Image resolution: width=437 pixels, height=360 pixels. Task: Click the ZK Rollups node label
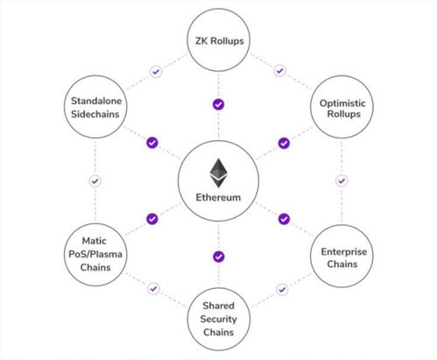click(220, 41)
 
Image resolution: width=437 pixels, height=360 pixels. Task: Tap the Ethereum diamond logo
click(218, 173)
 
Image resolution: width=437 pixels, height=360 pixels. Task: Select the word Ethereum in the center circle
click(218, 197)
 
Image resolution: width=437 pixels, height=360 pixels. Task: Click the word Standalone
click(96, 101)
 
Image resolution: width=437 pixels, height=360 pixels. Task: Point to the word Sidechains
click(95, 114)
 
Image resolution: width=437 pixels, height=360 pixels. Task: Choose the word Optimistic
click(342, 103)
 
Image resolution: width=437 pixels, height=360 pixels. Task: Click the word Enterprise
click(344, 251)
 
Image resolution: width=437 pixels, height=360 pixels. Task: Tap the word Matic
click(94, 241)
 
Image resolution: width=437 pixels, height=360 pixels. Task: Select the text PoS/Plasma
click(95, 254)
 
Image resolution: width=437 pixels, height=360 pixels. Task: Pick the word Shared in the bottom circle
click(218, 306)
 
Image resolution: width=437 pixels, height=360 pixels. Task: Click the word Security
click(218, 319)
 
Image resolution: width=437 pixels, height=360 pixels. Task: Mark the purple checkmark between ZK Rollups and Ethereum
click(218, 104)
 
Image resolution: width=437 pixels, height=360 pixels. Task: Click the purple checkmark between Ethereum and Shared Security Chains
click(219, 257)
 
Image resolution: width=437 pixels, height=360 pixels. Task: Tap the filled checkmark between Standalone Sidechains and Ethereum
click(152, 143)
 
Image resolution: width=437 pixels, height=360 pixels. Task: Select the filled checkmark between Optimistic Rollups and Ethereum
click(284, 143)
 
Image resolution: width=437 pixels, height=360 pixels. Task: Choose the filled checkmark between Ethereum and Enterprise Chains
click(284, 219)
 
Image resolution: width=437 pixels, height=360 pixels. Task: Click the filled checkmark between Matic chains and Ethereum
click(152, 219)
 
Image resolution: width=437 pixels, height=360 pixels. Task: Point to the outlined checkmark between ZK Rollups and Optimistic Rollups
click(280, 71)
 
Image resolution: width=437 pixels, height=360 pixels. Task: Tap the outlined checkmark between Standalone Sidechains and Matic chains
click(95, 181)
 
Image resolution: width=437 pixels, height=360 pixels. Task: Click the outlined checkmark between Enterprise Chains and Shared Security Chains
click(282, 290)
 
